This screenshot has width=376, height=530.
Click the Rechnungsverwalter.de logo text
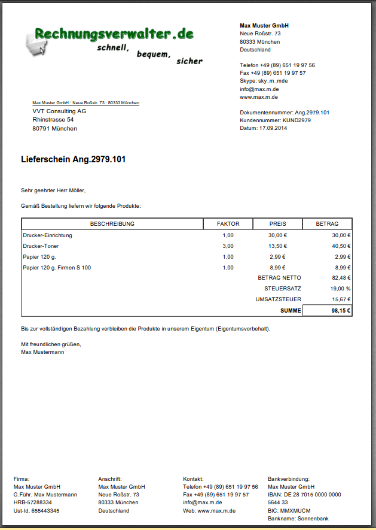[x=114, y=34]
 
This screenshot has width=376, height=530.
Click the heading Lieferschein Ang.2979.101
[x=73, y=159]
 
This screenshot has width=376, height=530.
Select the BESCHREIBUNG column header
[x=112, y=224]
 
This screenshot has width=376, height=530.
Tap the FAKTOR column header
[x=228, y=224]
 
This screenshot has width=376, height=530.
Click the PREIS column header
[x=277, y=224]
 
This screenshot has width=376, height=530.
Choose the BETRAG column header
[x=328, y=224]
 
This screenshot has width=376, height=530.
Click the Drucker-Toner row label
[x=41, y=246]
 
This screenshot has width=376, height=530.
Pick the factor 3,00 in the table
[x=228, y=246]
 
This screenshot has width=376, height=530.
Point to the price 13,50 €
[x=277, y=246]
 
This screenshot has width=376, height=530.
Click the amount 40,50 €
[x=341, y=246]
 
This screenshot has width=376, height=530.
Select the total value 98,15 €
[x=341, y=311]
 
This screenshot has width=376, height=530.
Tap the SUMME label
[x=291, y=311]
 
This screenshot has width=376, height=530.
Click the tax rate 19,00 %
[x=340, y=289]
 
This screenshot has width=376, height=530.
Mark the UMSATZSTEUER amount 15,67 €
[x=341, y=299]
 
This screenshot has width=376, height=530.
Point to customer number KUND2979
[x=296, y=120]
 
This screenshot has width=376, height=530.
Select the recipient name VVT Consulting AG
[x=59, y=111]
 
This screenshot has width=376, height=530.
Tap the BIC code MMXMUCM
[x=296, y=511]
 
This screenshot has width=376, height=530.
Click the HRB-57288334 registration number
[x=33, y=502]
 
